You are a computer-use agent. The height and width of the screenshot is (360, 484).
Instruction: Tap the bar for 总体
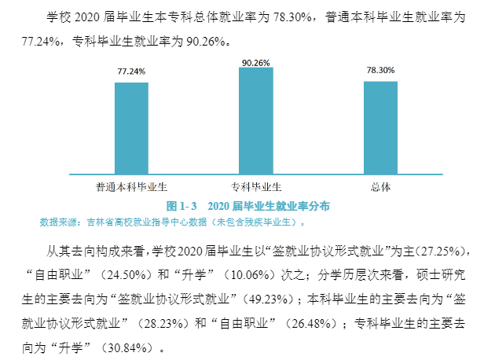[380, 127]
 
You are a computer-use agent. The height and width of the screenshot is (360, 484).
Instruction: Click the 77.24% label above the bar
[131, 72]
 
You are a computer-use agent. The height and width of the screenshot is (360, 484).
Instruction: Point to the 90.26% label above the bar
[256, 62]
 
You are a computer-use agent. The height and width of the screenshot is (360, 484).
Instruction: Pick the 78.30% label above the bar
[380, 71]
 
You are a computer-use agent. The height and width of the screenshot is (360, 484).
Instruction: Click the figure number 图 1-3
[182, 206]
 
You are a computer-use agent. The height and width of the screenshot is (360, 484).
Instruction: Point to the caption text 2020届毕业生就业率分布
[268, 206]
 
